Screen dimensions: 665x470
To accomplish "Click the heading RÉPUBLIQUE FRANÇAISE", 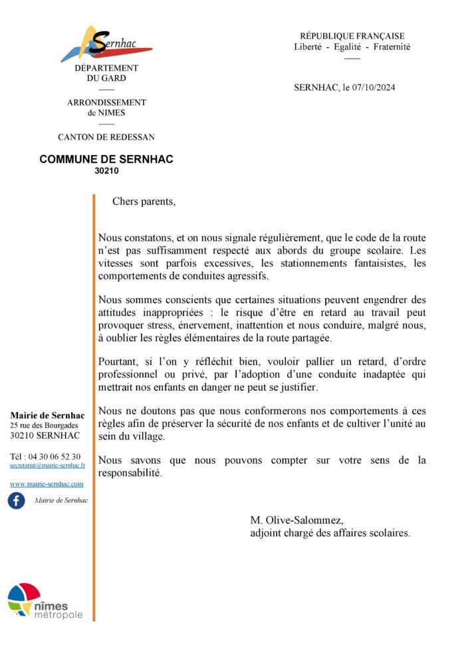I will (352, 36).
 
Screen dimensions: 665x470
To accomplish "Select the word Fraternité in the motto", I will (392, 47).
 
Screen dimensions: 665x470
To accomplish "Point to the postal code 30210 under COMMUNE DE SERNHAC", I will (106, 170).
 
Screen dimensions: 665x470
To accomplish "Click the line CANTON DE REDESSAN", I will (106, 137).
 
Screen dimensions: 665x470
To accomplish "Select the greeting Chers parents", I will (144, 201).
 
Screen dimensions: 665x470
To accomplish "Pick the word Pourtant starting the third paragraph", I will (120, 362).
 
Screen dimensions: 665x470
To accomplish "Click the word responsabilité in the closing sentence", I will (130, 473).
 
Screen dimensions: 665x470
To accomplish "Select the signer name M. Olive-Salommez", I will (297, 520).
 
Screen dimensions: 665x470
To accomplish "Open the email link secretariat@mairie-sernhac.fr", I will (47, 465).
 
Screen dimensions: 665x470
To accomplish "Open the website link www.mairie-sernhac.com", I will (47, 484).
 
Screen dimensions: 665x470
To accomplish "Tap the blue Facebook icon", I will (17, 500).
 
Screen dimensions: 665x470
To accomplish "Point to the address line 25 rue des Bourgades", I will (44, 425).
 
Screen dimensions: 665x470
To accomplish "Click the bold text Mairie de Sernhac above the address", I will (47, 416).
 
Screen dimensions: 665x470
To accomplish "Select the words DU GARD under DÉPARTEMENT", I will (106, 78).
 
